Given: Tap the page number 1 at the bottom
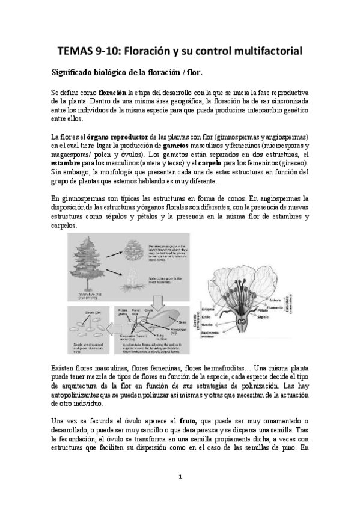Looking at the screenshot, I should [180, 476].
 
